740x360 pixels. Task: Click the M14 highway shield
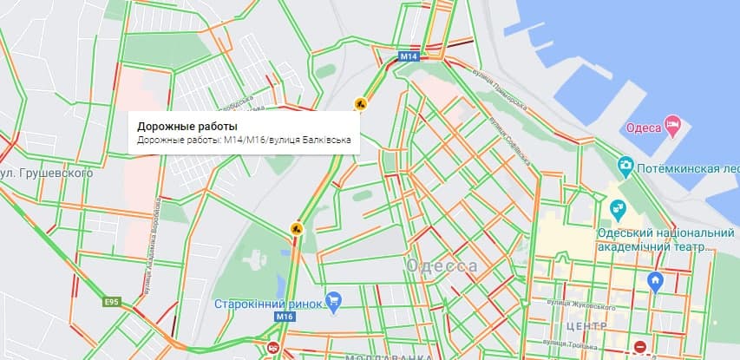pyautogui.click(x=409, y=57)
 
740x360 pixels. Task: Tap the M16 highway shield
pyautogui.click(x=285, y=317)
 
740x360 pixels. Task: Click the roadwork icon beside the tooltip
pyautogui.click(x=360, y=104)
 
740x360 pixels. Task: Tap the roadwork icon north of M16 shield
pyautogui.click(x=297, y=229)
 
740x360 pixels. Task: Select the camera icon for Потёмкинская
pyautogui.click(x=625, y=165)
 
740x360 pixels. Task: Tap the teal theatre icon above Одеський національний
pyautogui.click(x=617, y=208)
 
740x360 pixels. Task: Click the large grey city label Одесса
pyautogui.click(x=442, y=266)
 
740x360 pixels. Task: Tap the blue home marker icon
pyautogui.click(x=656, y=280)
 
